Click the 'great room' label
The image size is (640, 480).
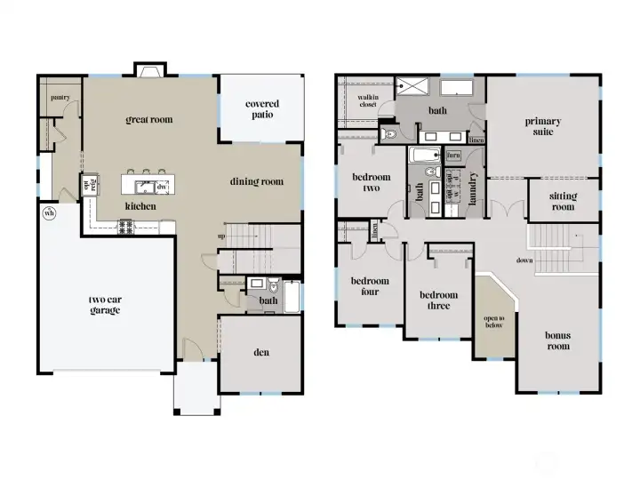(148, 119)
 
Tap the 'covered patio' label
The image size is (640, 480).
(262, 109)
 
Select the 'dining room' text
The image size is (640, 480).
(257, 182)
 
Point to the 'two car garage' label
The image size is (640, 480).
(104, 305)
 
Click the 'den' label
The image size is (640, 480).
(261, 353)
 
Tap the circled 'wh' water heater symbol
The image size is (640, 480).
(49, 213)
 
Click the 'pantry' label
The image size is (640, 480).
(60, 98)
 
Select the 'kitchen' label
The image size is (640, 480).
(141, 206)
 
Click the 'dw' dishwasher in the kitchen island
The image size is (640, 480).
(162, 187)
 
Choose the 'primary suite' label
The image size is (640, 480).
(542, 126)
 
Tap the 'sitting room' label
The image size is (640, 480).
(563, 201)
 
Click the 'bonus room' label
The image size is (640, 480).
(557, 340)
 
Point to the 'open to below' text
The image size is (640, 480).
(493, 322)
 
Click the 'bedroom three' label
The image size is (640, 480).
(439, 300)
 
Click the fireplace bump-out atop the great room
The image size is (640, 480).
(149, 70)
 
